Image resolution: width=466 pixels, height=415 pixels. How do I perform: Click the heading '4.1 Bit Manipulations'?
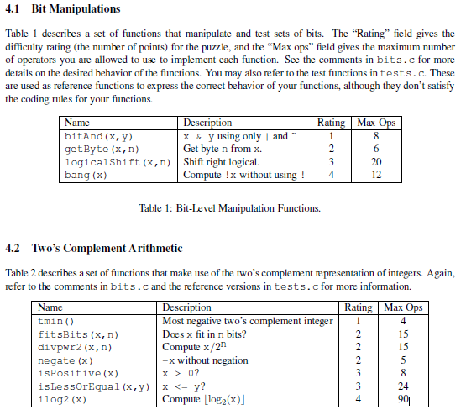pos(63,9)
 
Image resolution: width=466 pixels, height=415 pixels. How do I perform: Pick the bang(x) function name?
pos(86,175)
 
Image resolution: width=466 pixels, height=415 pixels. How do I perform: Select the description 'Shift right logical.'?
pos(221,162)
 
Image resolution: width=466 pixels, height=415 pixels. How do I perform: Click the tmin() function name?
pos(56,321)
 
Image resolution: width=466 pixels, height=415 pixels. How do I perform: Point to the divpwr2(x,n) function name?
pos(76,347)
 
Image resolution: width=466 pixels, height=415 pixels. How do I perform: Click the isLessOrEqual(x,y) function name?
pos(94,386)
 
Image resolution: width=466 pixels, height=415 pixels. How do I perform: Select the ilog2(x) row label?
pos(62,400)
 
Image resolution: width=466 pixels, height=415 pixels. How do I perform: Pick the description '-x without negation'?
pos(205,360)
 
